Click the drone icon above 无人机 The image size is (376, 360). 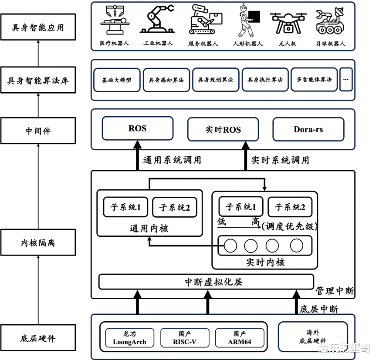click(288, 23)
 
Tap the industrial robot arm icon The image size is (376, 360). click(157, 19)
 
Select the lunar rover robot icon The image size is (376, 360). click(330, 20)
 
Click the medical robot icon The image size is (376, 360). click(115, 20)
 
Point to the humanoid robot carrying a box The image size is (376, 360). click(248, 20)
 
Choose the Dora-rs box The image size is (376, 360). click(308, 129)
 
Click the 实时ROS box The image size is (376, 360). click(223, 129)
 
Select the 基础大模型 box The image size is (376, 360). click(117, 80)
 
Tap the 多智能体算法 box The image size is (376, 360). click(314, 80)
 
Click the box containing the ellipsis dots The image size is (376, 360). click(346, 80)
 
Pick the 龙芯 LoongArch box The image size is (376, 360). click(129, 338)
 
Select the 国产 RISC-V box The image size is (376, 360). click(185, 338)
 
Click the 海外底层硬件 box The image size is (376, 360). click(313, 336)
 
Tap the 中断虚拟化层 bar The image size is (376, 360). click(206, 282)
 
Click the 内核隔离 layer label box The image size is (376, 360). click(38, 242)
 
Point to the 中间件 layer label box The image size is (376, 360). click(38, 131)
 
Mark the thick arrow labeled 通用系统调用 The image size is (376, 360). click(137, 155)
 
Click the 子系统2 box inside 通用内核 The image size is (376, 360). click(175, 207)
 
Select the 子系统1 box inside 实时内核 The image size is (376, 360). click(241, 206)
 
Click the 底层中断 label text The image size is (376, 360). click(319, 309)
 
